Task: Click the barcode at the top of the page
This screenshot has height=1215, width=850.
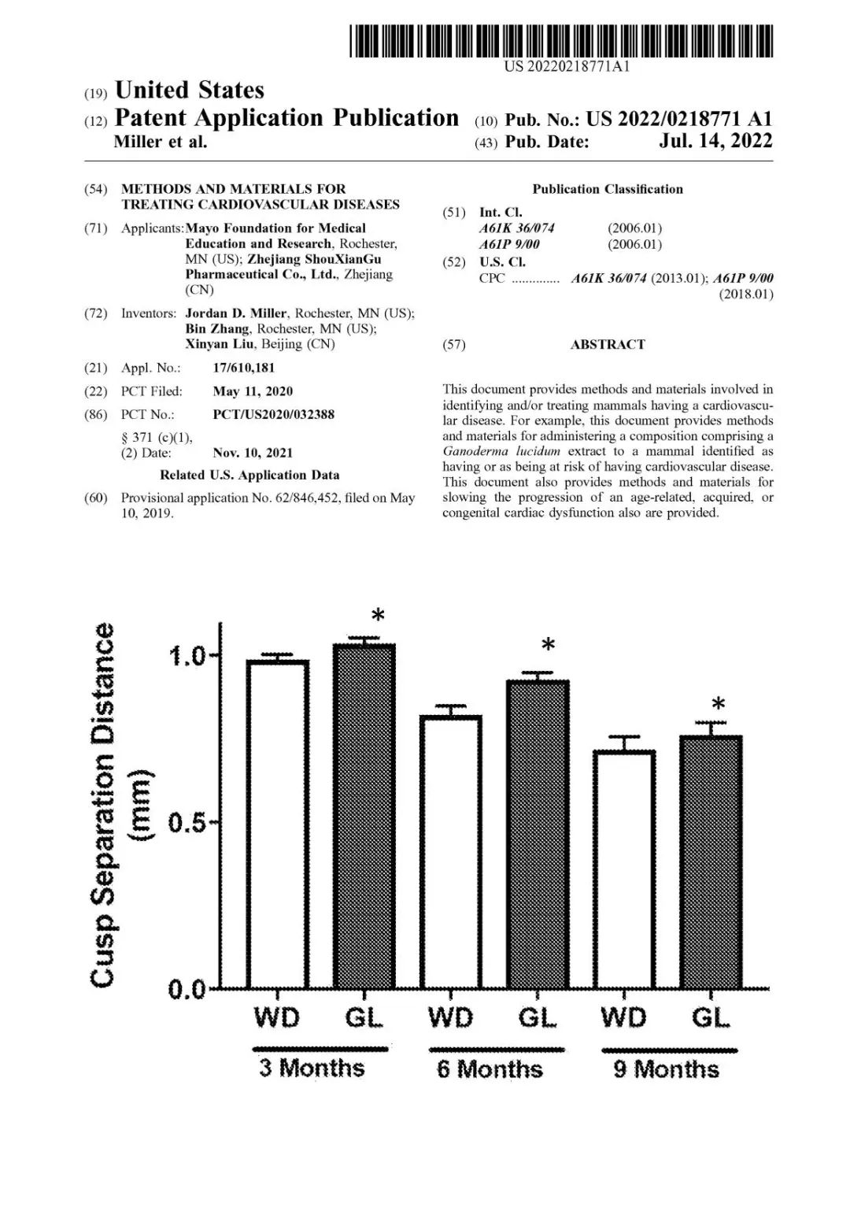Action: [561, 41]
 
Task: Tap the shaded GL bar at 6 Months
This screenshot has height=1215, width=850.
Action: [538, 834]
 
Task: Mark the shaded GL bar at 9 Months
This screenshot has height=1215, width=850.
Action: [711, 861]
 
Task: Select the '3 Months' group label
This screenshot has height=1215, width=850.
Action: [312, 1068]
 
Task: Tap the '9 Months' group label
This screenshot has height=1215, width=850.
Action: [667, 1069]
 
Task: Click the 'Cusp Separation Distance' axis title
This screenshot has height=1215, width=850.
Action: [103, 804]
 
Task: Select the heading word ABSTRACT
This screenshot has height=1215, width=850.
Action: [608, 344]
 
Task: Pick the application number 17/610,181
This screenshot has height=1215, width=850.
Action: [244, 368]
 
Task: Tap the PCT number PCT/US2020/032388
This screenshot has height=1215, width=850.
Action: [273, 414]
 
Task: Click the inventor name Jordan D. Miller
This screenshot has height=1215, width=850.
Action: [236, 313]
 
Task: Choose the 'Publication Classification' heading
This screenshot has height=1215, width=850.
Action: [608, 189]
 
